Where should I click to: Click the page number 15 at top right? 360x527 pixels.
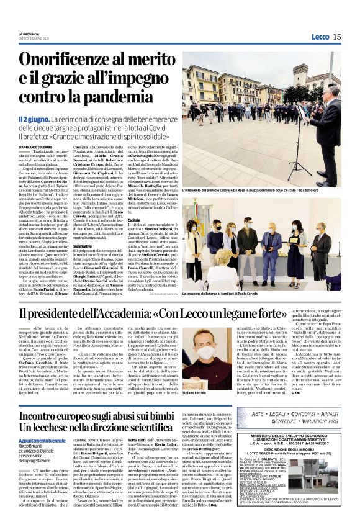(336, 37)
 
